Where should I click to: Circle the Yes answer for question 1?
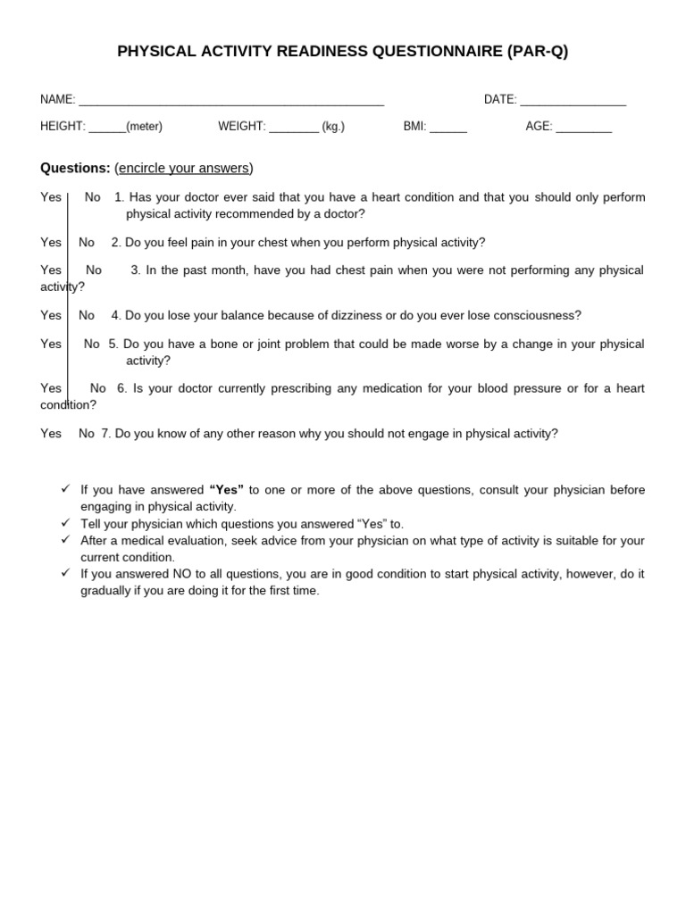51,197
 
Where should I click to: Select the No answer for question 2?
87,243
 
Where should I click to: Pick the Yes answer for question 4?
51,315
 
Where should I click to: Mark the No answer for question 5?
92,344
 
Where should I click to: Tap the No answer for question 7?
87,434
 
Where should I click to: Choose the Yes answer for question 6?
51,388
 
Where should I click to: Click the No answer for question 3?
94,270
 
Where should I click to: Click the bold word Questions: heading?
75,168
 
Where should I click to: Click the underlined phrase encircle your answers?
184,168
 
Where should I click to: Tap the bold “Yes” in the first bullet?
226,490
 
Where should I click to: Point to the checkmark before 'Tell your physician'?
65,522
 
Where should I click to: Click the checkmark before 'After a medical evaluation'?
65,539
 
